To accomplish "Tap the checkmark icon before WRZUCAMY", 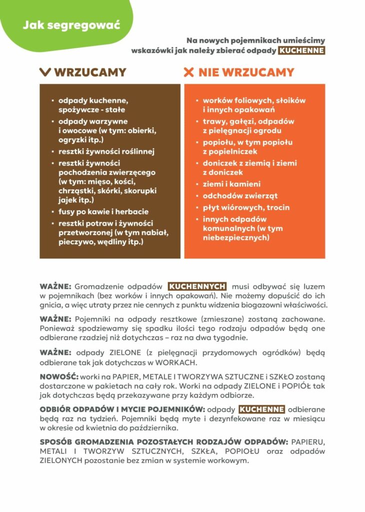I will click(45, 72).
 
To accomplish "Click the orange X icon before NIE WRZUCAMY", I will click(188, 72).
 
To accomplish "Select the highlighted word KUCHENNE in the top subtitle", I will click(301, 50).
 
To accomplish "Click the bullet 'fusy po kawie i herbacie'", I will click(103, 211).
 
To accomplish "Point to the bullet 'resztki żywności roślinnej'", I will click(107, 151).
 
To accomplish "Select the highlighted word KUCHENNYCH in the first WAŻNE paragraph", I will click(197, 286).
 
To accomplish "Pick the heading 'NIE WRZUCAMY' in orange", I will click(246, 72).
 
